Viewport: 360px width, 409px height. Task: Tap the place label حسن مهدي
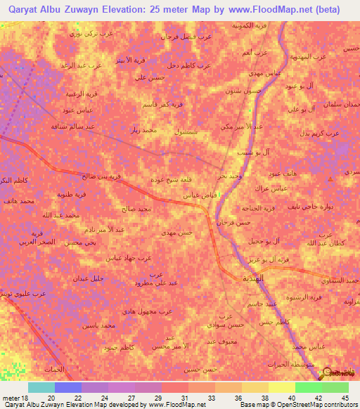pyautogui.click(x=175, y=231)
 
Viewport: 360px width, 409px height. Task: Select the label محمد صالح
pyautogui.click(x=135, y=209)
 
